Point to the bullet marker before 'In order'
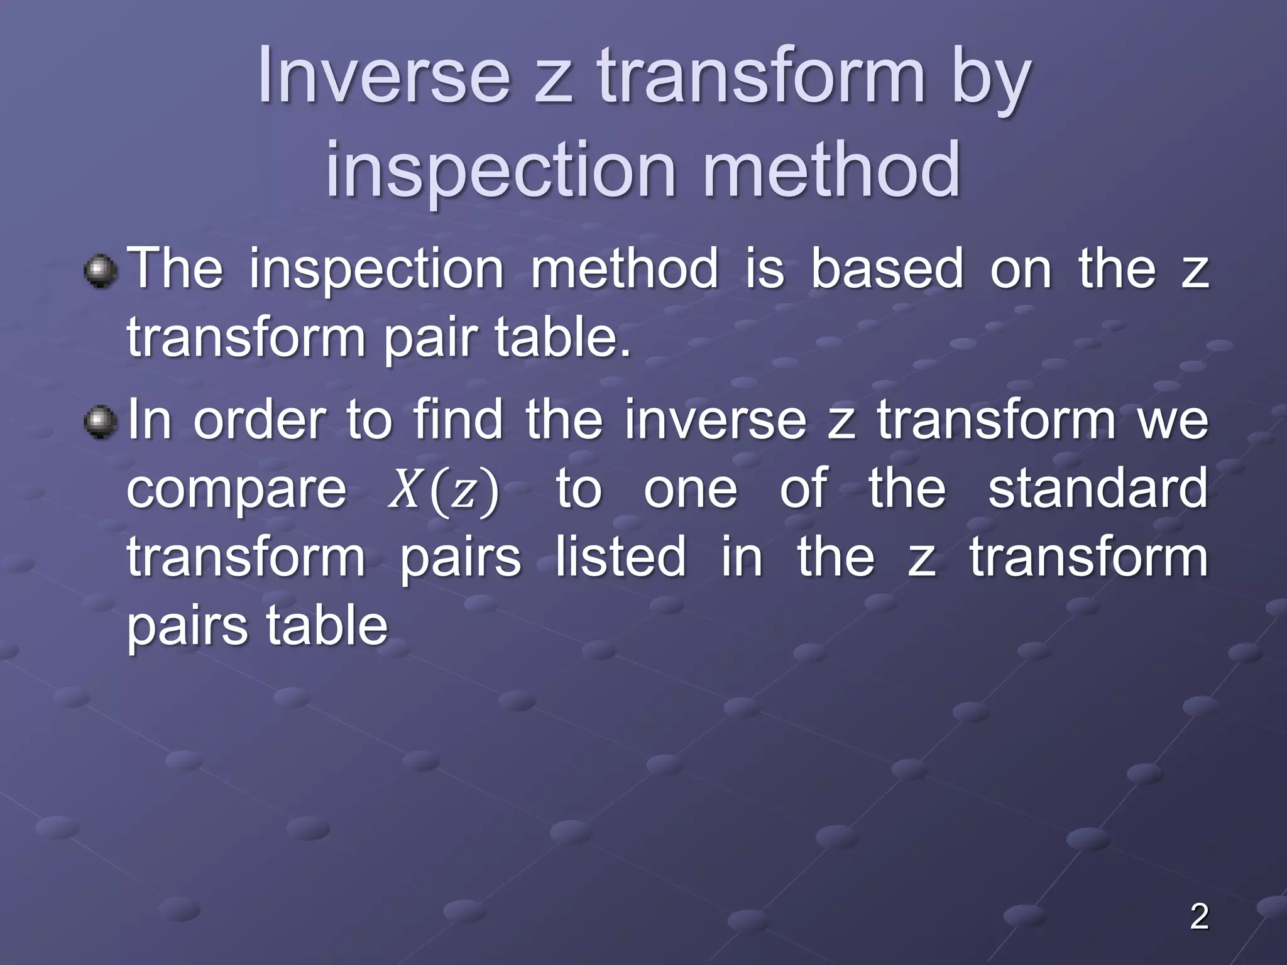(101, 423)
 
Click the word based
(887, 269)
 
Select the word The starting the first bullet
(175, 269)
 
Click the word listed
(620, 557)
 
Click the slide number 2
(1199, 917)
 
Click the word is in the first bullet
(765, 269)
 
